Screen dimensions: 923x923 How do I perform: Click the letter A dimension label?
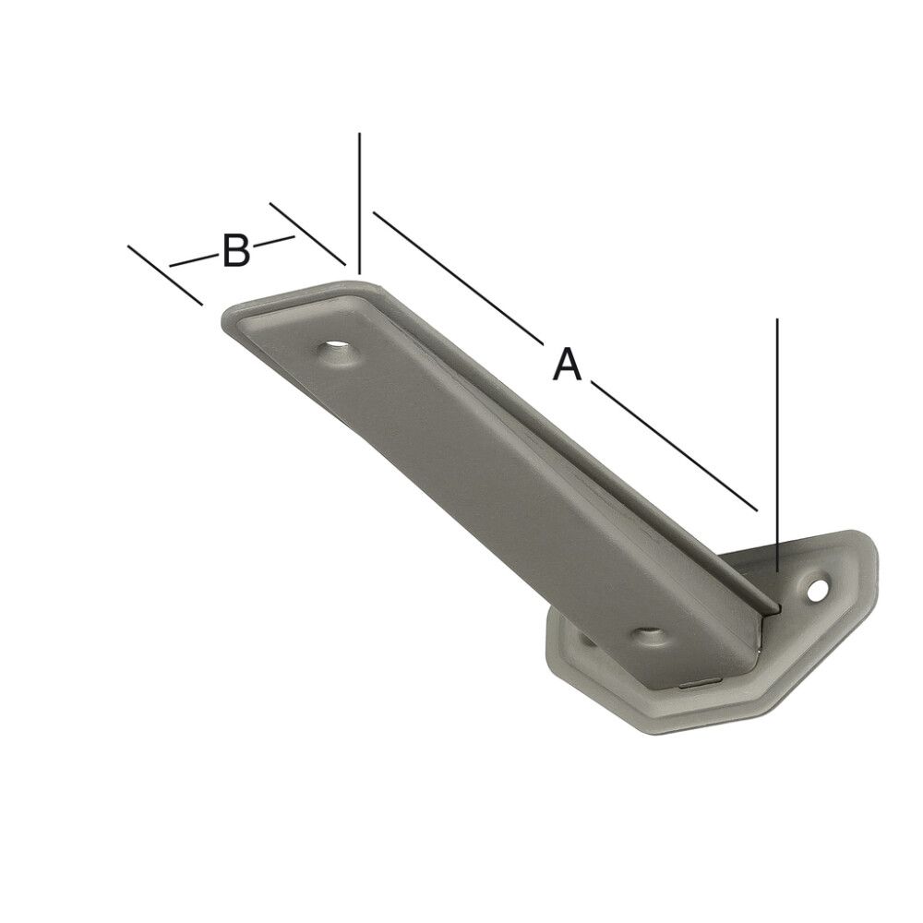pyautogui.click(x=567, y=364)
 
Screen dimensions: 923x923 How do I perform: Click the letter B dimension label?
pyautogui.click(x=236, y=251)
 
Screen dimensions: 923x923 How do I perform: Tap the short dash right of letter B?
pyautogui.click(x=274, y=242)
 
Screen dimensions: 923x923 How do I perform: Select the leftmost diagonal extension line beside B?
pyautogui.click(x=164, y=274)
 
